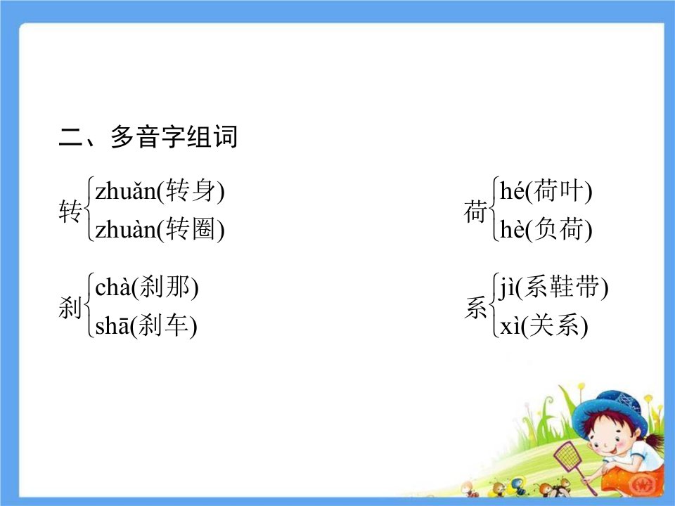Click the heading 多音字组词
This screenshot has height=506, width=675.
pos(174,137)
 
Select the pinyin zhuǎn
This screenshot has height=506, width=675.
pos(125,191)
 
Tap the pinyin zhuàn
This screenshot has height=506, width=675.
pos(125,229)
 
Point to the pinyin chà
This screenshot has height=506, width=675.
pos(112,287)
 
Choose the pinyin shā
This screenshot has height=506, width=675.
pos(112,325)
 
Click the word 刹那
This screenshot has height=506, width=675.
pos(165,287)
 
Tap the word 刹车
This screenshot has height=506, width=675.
pos(163,325)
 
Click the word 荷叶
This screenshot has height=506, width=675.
pos(558,191)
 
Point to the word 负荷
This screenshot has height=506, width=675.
pos(558,229)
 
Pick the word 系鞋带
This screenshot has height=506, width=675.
pos(561,287)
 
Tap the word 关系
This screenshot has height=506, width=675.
pos(554,325)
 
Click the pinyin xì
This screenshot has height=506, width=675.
pos(510,325)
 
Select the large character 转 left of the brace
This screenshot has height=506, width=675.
pos(70,211)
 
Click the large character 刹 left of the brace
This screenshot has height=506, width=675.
pos(70,307)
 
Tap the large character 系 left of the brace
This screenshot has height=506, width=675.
pos(475,307)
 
